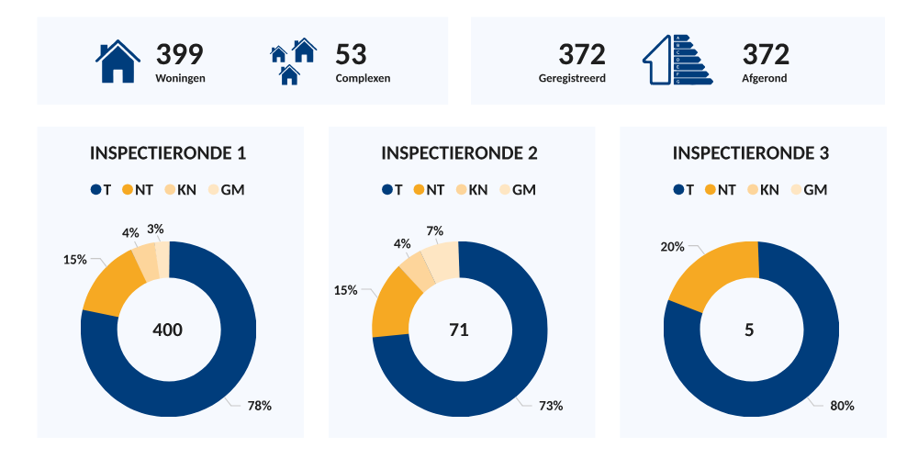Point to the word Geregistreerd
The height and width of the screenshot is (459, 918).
pos(572,78)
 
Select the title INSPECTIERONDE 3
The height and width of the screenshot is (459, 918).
pos(751,153)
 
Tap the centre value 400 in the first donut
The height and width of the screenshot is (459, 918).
pos(167,330)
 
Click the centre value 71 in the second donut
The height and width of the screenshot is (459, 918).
pos(459,330)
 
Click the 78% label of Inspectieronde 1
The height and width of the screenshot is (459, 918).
pos(260,406)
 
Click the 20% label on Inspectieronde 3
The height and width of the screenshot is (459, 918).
pos(673,246)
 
